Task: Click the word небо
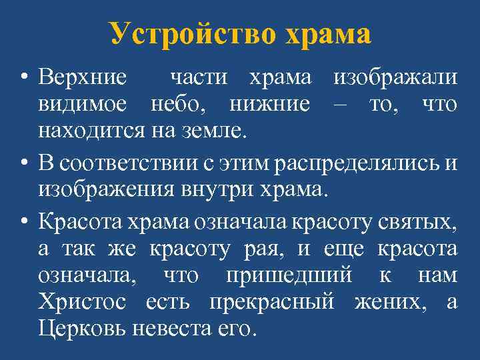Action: [x=181, y=105]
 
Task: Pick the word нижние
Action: [x=269, y=105]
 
